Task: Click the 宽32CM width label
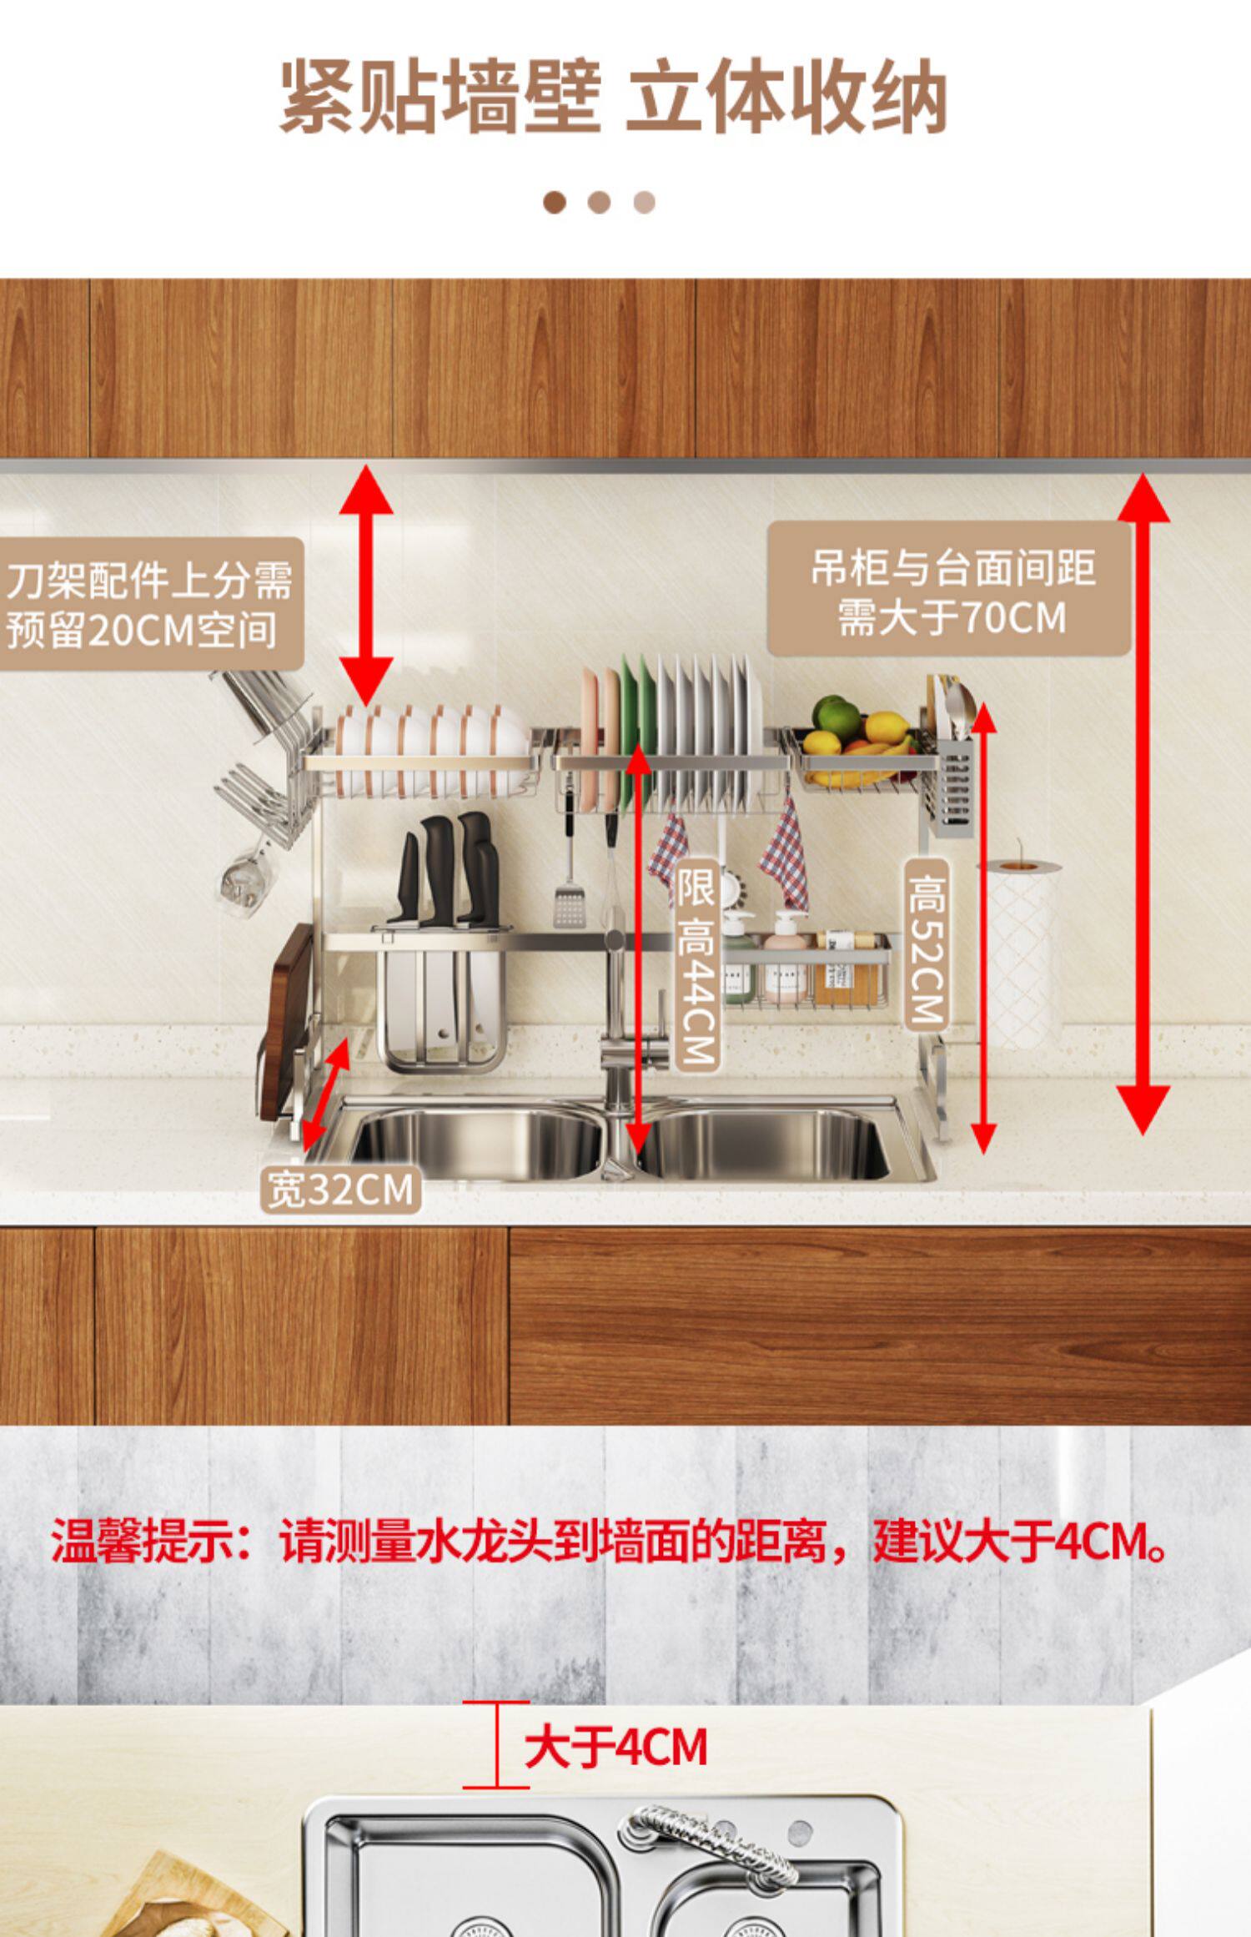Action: [340, 1190]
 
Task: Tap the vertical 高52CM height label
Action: [927, 943]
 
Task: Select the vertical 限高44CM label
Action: [696, 963]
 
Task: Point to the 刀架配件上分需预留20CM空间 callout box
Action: [150, 605]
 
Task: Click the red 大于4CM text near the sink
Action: [615, 1748]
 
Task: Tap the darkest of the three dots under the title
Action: [554, 203]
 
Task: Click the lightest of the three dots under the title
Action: [644, 203]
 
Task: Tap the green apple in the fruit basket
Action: [836, 716]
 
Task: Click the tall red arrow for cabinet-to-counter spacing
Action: [1143, 801]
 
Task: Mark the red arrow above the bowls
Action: [365, 584]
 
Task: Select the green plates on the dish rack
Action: [638, 730]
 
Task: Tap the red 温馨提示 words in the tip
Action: [142, 1542]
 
